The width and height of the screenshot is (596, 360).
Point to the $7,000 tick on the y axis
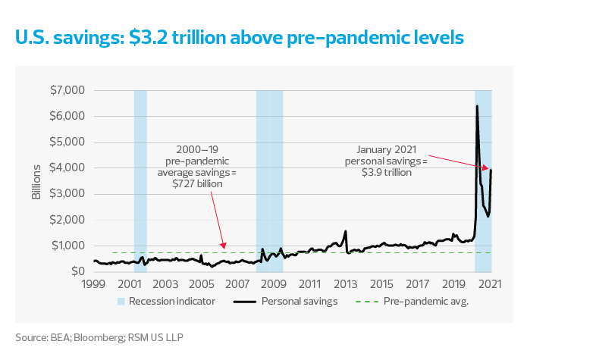point(66,91)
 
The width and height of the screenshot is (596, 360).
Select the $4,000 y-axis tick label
point(66,168)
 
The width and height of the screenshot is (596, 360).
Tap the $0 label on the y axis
point(76,271)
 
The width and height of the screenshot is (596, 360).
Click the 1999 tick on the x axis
point(93,284)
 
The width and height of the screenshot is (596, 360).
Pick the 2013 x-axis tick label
point(345,284)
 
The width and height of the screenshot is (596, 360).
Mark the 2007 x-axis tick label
point(237,284)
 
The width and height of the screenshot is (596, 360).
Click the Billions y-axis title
point(36,181)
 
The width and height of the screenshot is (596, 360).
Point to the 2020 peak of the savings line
point(476,106)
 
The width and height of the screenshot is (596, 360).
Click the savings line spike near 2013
point(346,231)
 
